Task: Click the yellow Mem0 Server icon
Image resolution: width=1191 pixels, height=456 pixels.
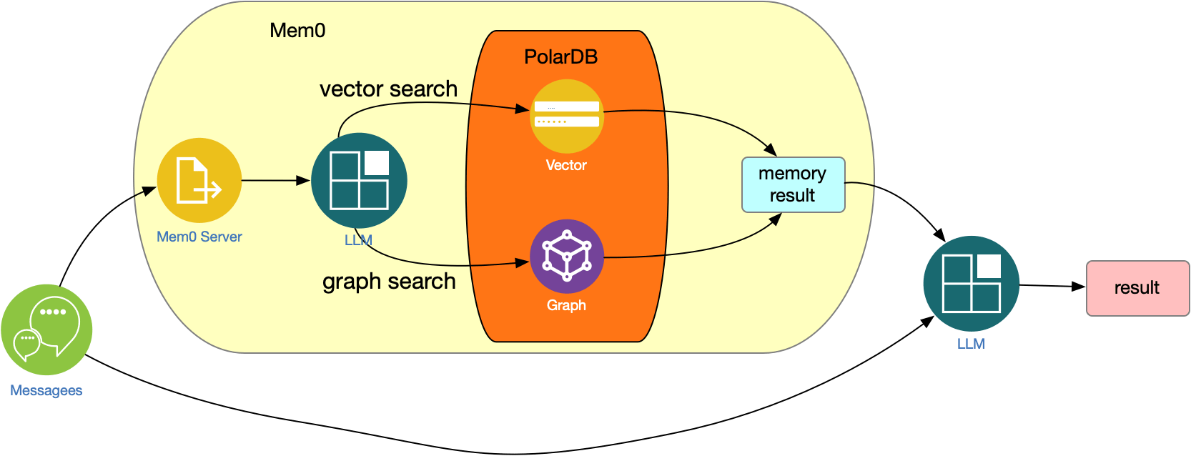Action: pyautogui.click(x=199, y=180)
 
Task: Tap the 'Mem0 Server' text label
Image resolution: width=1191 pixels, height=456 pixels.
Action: pyautogui.click(x=199, y=237)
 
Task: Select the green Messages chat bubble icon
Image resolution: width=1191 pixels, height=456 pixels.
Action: pyautogui.click(x=46, y=329)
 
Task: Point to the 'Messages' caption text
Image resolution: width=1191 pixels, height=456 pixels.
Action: pyautogui.click(x=46, y=390)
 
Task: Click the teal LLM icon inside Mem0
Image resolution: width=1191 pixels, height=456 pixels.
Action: pyautogui.click(x=359, y=180)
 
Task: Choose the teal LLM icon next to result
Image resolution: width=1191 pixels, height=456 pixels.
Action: pyautogui.click(x=971, y=283)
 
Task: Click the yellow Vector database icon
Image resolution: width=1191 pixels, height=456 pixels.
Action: pyautogui.click(x=566, y=116)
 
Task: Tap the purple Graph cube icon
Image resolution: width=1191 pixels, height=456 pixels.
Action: pyautogui.click(x=566, y=256)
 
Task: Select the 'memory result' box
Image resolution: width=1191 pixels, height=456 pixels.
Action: pyautogui.click(x=793, y=184)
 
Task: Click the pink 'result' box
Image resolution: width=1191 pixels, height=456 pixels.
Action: pyautogui.click(x=1137, y=288)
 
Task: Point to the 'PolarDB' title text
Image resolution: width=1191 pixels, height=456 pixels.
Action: pyautogui.click(x=560, y=57)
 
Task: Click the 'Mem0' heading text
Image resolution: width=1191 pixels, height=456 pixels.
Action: pyautogui.click(x=297, y=31)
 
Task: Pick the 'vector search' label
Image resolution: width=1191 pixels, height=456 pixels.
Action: pyautogui.click(x=388, y=89)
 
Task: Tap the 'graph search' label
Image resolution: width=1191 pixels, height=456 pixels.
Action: pyautogui.click(x=389, y=282)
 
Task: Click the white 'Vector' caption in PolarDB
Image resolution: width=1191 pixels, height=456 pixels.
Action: pyautogui.click(x=566, y=165)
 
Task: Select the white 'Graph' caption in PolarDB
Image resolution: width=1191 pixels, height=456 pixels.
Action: pyautogui.click(x=566, y=305)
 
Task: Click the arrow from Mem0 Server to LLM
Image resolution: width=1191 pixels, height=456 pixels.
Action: pyautogui.click(x=275, y=181)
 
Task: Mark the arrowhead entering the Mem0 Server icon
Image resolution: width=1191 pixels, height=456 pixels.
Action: pyautogui.click(x=149, y=189)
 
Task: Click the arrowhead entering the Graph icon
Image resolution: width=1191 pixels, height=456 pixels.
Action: pyautogui.click(x=523, y=263)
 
